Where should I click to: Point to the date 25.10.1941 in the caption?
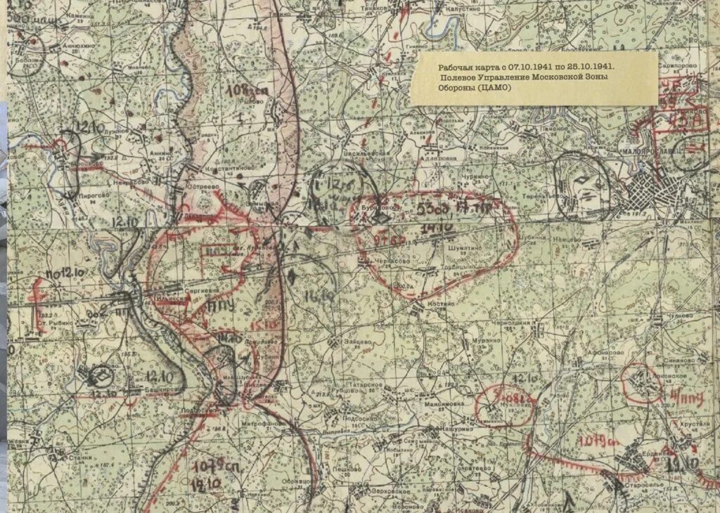tap(588, 67)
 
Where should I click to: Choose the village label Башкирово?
tap(160, 391)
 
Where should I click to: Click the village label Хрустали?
tap(692, 426)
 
